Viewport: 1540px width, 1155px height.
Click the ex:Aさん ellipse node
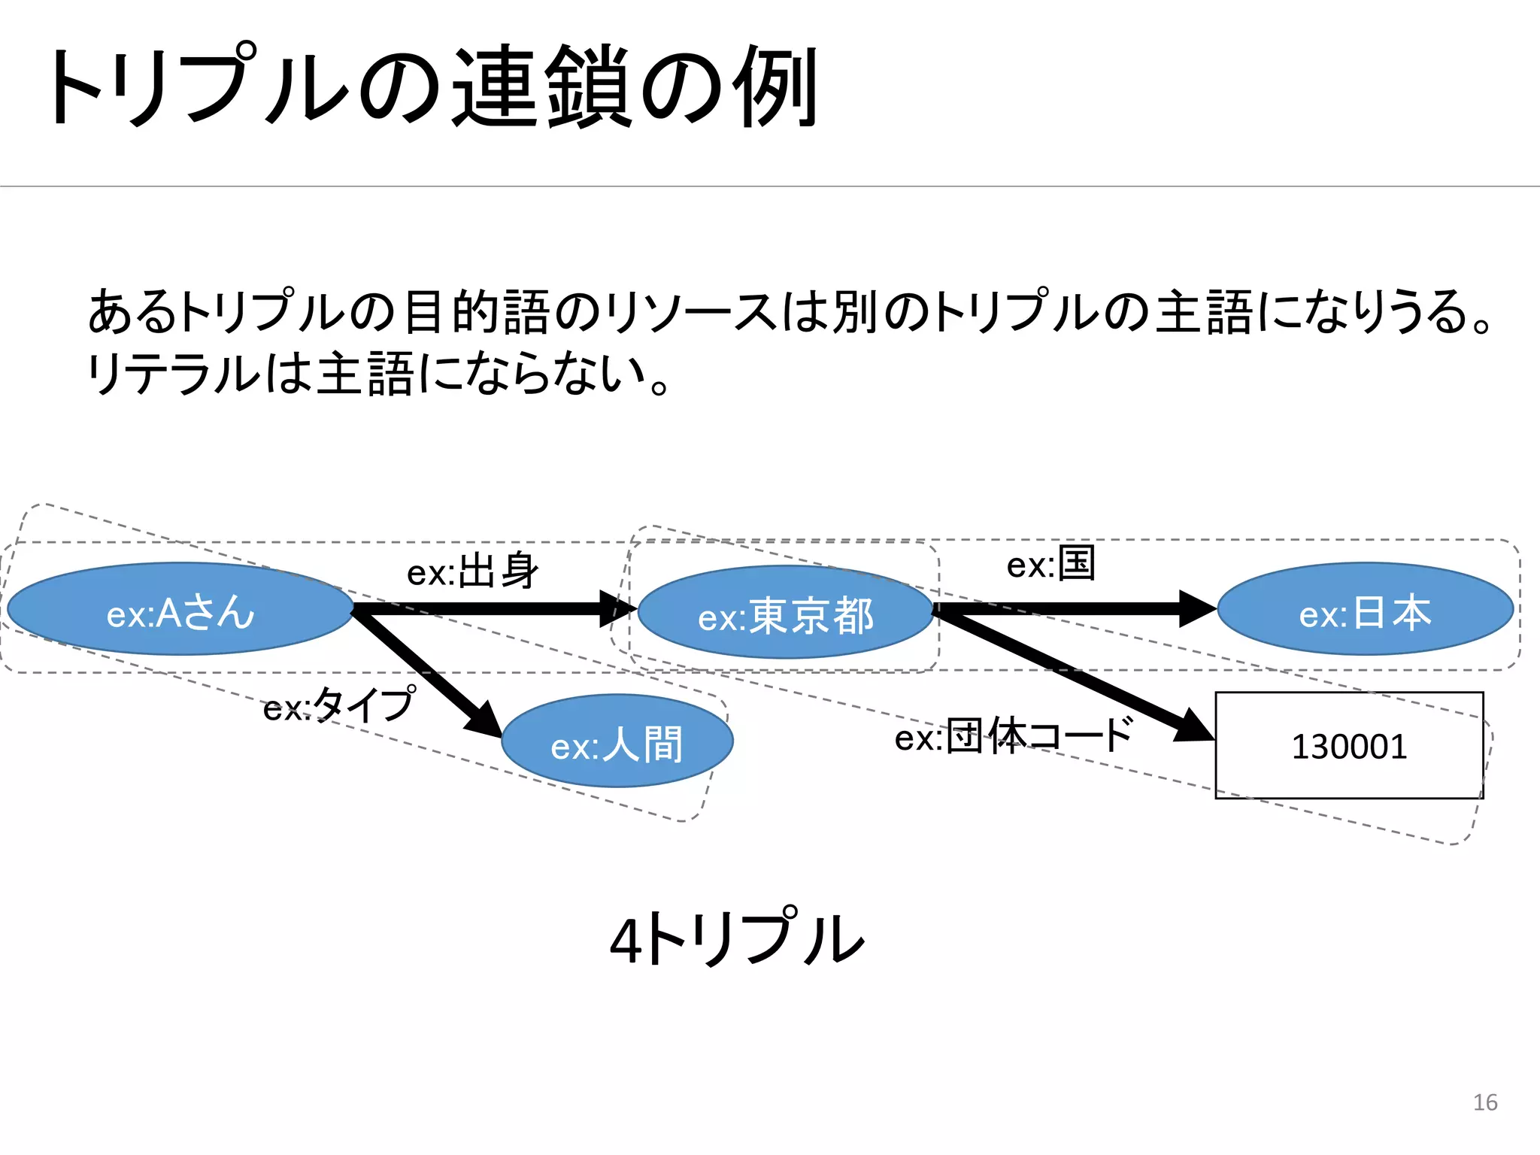pyautogui.click(x=180, y=609)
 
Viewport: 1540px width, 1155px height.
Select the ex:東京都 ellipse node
pyautogui.click(x=785, y=613)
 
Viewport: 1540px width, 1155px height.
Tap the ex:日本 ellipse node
pyautogui.click(x=1365, y=609)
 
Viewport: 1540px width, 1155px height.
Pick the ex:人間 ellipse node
pyautogui.click(x=617, y=741)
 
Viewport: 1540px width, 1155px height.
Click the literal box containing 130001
pyautogui.click(x=1349, y=745)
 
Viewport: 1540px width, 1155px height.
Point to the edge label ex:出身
pyautogui.click(x=473, y=571)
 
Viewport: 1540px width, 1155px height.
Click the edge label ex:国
pyautogui.click(x=1050, y=564)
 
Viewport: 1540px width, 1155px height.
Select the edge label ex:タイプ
pyautogui.click(x=338, y=705)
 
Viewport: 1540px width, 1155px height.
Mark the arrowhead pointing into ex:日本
pyautogui.click(x=1197, y=608)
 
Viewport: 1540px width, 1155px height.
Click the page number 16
pyautogui.click(x=1484, y=1102)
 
